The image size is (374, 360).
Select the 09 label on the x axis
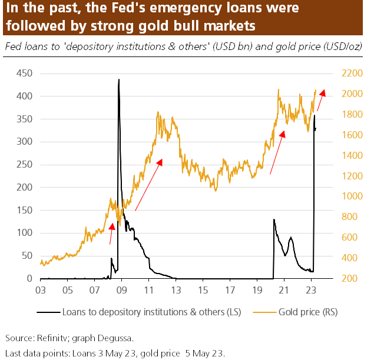(122, 290)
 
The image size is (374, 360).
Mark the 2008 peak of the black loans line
(119, 80)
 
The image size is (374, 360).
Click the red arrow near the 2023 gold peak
(322, 100)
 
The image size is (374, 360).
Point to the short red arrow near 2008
(112, 234)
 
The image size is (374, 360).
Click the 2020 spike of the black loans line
(274, 220)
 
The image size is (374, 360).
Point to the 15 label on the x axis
(203, 290)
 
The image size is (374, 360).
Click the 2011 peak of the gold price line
(158, 112)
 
